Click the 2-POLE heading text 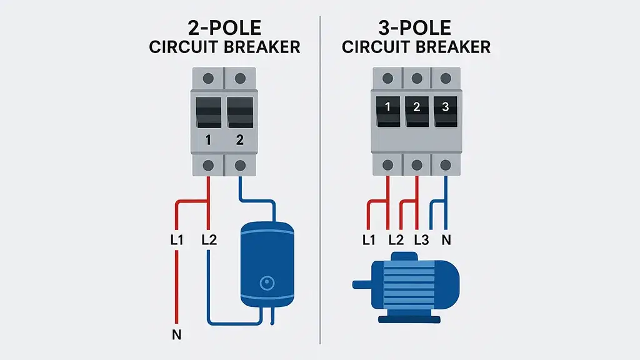tap(224, 28)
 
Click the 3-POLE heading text tap(416, 28)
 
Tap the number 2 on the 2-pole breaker tap(240, 140)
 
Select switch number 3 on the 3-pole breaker tap(445, 107)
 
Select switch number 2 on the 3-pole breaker tap(416, 107)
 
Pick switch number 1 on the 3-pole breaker tap(387, 107)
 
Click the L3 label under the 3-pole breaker tap(421, 239)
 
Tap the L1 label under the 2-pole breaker tap(177, 239)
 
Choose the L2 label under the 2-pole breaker tap(209, 239)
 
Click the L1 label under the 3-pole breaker tap(369, 239)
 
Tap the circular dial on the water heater tap(267, 284)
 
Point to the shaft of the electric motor tap(361, 285)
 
